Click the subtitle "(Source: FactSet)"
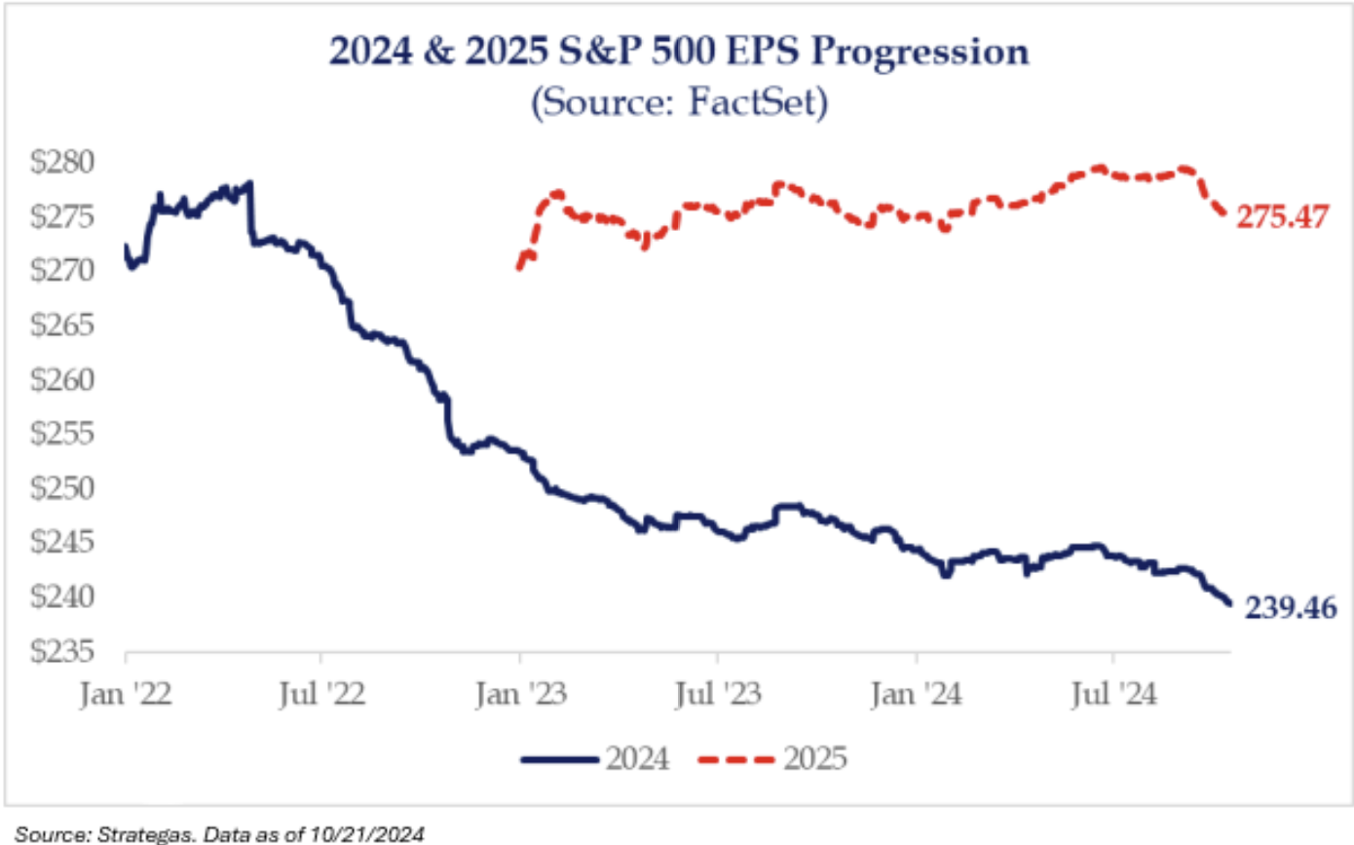point(679,101)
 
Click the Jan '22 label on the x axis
point(125,695)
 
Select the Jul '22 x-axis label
point(322,695)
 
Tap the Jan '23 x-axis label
point(520,695)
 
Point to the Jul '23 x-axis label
point(718,695)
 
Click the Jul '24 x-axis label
point(1113,695)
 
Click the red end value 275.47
point(1282,217)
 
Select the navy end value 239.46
point(1284,607)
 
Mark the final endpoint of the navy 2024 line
point(1230,604)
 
